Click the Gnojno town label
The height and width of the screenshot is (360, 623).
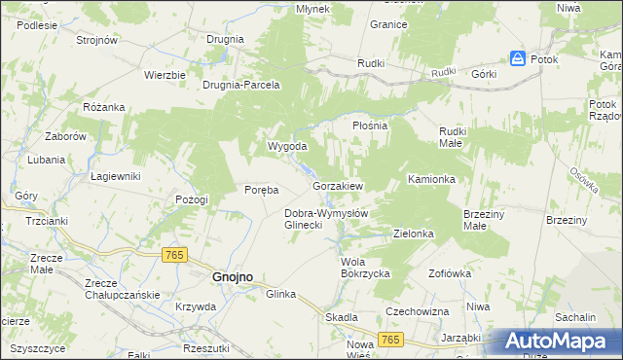232,276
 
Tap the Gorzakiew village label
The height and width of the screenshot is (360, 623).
338,185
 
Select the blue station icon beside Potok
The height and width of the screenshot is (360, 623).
517,59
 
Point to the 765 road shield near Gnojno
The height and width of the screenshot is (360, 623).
174,254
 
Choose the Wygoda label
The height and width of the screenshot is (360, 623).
287,146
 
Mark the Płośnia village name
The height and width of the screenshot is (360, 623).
369,126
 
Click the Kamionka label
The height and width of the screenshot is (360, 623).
432,179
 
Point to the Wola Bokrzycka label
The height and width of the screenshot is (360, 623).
365,268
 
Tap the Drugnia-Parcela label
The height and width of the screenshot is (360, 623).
240,85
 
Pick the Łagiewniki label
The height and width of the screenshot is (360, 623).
116,176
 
